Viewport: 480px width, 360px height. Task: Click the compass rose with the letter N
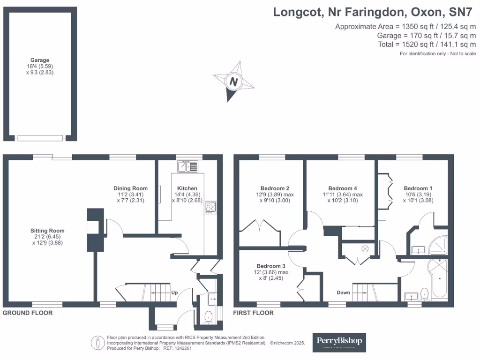(233, 82)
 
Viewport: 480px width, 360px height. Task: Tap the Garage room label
(40, 60)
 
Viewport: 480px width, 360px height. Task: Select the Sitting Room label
(47, 231)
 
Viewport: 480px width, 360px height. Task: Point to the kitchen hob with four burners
(210, 207)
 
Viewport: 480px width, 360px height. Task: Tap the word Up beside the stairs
(175, 292)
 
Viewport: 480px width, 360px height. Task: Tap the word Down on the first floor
(343, 292)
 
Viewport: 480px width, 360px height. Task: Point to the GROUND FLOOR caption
(28, 313)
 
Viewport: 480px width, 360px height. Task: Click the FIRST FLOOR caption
(254, 313)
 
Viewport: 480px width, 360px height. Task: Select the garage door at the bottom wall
(40, 138)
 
